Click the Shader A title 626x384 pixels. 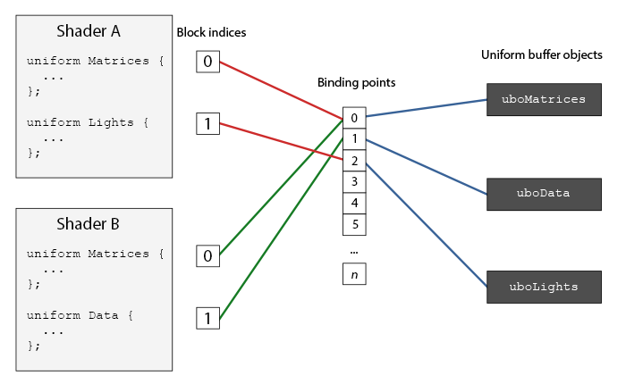pos(89,31)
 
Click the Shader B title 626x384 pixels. pos(89,223)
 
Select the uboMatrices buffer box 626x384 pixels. pos(544,99)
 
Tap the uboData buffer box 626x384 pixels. pos(544,193)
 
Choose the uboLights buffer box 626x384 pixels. pos(544,287)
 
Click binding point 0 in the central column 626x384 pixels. pos(354,118)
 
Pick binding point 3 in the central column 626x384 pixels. pos(354,181)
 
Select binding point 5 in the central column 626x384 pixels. pos(354,224)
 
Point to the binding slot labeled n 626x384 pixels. pos(354,274)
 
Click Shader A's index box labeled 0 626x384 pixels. pos(207,62)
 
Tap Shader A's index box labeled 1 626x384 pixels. pos(207,123)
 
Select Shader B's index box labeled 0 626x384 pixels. pos(207,256)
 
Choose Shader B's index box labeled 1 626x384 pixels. pos(207,318)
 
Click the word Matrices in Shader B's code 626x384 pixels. pos(117,254)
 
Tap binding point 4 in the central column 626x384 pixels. pos(354,203)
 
